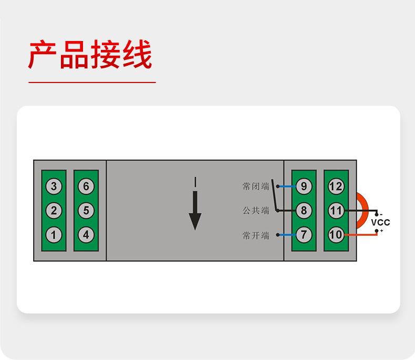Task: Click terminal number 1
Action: tap(54, 235)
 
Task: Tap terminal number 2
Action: tap(54, 211)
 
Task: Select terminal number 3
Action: tap(54, 186)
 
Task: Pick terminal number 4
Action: tap(86, 235)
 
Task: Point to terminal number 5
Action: tap(86, 211)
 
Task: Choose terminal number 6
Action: tap(86, 186)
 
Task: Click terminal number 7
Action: tap(304, 235)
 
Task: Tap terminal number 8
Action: tap(304, 211)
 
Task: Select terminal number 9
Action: tap(304, 186)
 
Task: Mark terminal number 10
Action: tap(336, 235)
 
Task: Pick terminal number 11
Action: tap(336, 211)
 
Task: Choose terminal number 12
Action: tap(336, 186)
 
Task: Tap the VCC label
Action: tap(380, 222)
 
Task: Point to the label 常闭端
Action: tap(256, 186)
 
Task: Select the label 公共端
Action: tap(256, 211)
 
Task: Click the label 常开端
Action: tap(256, 235)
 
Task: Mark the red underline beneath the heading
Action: tap(92, 83)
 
